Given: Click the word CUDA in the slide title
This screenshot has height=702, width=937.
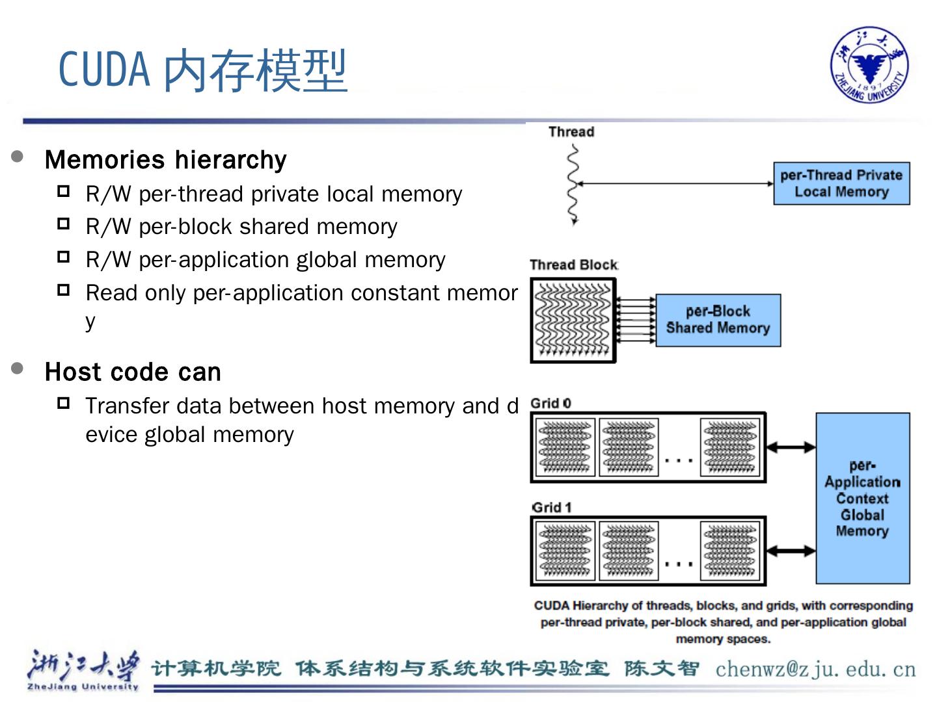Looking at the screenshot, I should (x=104, y=70).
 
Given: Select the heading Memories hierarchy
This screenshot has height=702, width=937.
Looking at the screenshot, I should (x=165, y=160).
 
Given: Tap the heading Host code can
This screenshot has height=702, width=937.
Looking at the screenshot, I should (x=133, y=372).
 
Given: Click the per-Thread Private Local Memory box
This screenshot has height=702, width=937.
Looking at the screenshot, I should (x=841, y=184).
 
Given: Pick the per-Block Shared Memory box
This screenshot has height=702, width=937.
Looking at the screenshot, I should (x=718, y=320).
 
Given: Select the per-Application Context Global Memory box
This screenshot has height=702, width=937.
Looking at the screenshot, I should (x=862, y=498).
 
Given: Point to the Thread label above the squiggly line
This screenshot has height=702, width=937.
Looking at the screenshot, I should (x=571, y=132).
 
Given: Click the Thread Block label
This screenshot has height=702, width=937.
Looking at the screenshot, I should (x=573, y=265).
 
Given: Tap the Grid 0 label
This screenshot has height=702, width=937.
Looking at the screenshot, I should (x=550, y=404).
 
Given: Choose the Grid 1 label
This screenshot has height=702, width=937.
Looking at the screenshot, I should (x=551, y=508).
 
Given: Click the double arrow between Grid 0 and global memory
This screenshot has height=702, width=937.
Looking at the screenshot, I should (x=791, y=447).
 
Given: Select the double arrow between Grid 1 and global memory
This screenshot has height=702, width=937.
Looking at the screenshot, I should (x=791, y=551).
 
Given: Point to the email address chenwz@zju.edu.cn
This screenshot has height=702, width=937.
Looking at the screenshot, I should (x=815, y=669).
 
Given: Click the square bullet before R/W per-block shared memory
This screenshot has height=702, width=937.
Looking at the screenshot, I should (x=63, y=224).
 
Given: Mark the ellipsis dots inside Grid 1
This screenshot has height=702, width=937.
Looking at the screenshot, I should (x=679, y=564).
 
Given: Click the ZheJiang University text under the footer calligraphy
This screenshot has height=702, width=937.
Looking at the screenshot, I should (x=83, y=686).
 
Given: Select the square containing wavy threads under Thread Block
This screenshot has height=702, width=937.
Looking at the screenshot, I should (x=573, y=320).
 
